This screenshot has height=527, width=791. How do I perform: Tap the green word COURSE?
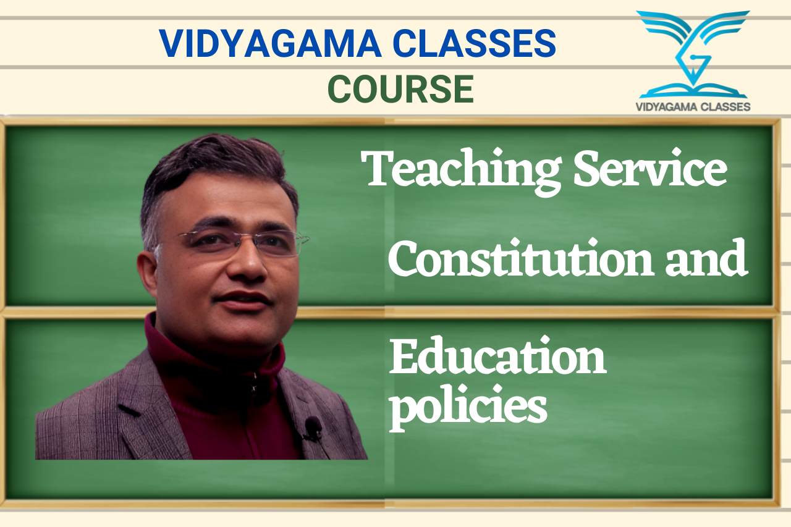401,89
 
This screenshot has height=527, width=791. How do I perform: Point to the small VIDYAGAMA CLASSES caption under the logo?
693,107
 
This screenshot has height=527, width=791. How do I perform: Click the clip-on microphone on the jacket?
313,425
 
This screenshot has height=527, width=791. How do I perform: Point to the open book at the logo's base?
693,91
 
